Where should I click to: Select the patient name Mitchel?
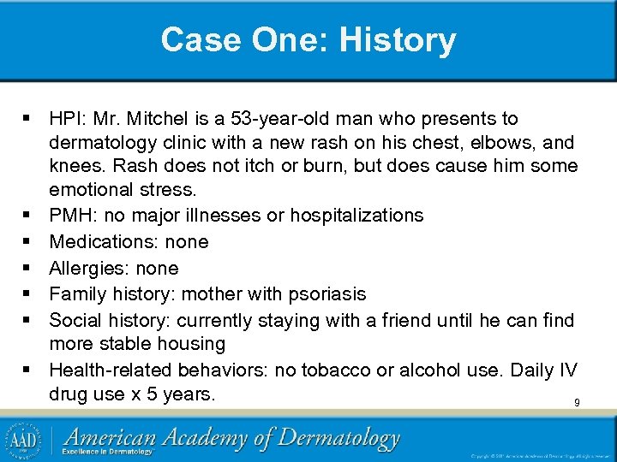pyautogui.click(x=154, y=118)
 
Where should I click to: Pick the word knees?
pyautogui.click(x=75, y=164)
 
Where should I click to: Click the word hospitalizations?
pyautogui.click(x=356, y=215)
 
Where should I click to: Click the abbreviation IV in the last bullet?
pyautogui.click(x=567, y=370)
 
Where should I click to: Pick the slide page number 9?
pyautogui.click(x=577, y=402)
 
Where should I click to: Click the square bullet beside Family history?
pyautogui.click(x=31, y=294)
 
